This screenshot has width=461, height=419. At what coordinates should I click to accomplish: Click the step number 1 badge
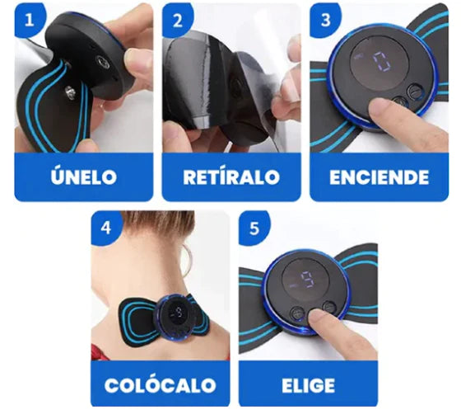click(30, 20)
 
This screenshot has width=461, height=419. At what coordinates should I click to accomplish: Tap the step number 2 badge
click(178, 20)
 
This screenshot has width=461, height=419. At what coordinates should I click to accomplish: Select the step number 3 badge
click(325, 20)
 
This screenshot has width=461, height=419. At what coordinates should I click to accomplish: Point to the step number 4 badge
click(106, 228)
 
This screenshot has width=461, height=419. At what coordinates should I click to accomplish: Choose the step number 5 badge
click(254, 228)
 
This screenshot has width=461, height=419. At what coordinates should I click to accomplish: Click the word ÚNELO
click(84, 176)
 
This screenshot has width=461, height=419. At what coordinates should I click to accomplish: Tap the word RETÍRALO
click(231, 177)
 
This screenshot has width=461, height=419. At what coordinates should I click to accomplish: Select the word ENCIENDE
click(379, 177)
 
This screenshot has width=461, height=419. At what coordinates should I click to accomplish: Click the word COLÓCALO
click(161, 384)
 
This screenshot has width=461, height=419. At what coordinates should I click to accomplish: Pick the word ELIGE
click(308, 385)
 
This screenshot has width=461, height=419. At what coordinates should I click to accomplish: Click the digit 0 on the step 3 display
click(382, 62)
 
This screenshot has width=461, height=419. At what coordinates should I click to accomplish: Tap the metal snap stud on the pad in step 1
click(70, 92)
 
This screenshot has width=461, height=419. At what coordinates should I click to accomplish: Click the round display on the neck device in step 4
click(177, 313)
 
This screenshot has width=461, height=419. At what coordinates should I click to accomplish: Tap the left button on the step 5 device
click(297, 313)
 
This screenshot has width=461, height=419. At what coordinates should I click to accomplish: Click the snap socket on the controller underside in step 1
click(103, 62)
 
